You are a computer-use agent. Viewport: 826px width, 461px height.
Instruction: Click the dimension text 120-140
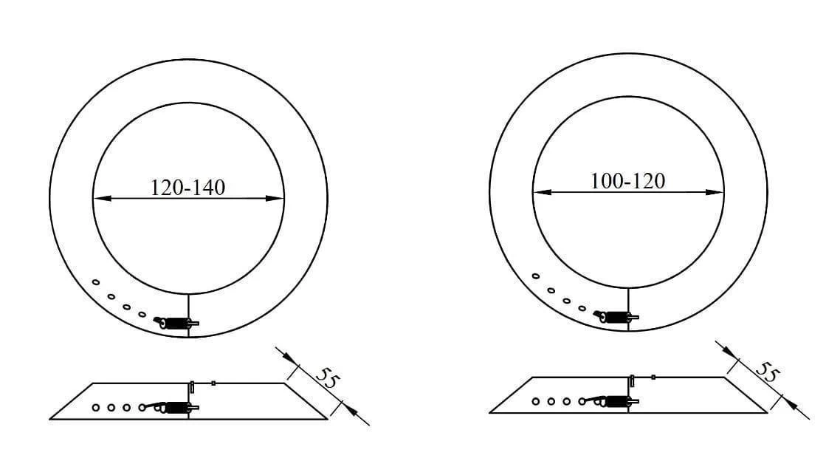pyautogui.click(x=187, y=188)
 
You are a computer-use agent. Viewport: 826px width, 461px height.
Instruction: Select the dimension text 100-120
pyautogui.click(x=627, y=181)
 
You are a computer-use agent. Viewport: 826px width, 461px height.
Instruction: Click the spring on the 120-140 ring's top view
pyautogui.click(x=176, y=323)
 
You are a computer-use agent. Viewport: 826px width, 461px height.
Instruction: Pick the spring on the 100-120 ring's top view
pyautogui.click(x=616, y=318)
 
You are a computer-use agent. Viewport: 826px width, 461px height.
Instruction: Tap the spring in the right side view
pyautogui.click(x=617, y=401)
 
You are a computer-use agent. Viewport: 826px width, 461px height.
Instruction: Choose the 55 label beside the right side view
pyautogui.click(x=768, y=372)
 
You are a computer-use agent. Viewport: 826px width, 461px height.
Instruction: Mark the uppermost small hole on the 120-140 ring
pyautogui.click(x=96, y=282)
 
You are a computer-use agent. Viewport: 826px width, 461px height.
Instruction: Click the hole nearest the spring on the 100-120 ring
pyautogui.click(x=582, y=308)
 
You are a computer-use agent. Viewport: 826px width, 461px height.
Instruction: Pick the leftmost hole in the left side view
pyautogui.click(x=96, y=407)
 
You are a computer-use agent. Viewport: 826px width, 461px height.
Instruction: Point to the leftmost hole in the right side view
pyautogui.click(x=536, y=401)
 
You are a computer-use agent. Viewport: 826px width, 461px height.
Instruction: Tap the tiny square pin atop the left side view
pyautogui.click(x=213, y=383)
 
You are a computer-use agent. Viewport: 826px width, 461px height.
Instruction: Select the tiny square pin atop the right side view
pyautogui.click(x=653, y=377)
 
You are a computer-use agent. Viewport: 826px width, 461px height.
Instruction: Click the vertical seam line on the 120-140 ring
pyautogui.click(x=189, y=310)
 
